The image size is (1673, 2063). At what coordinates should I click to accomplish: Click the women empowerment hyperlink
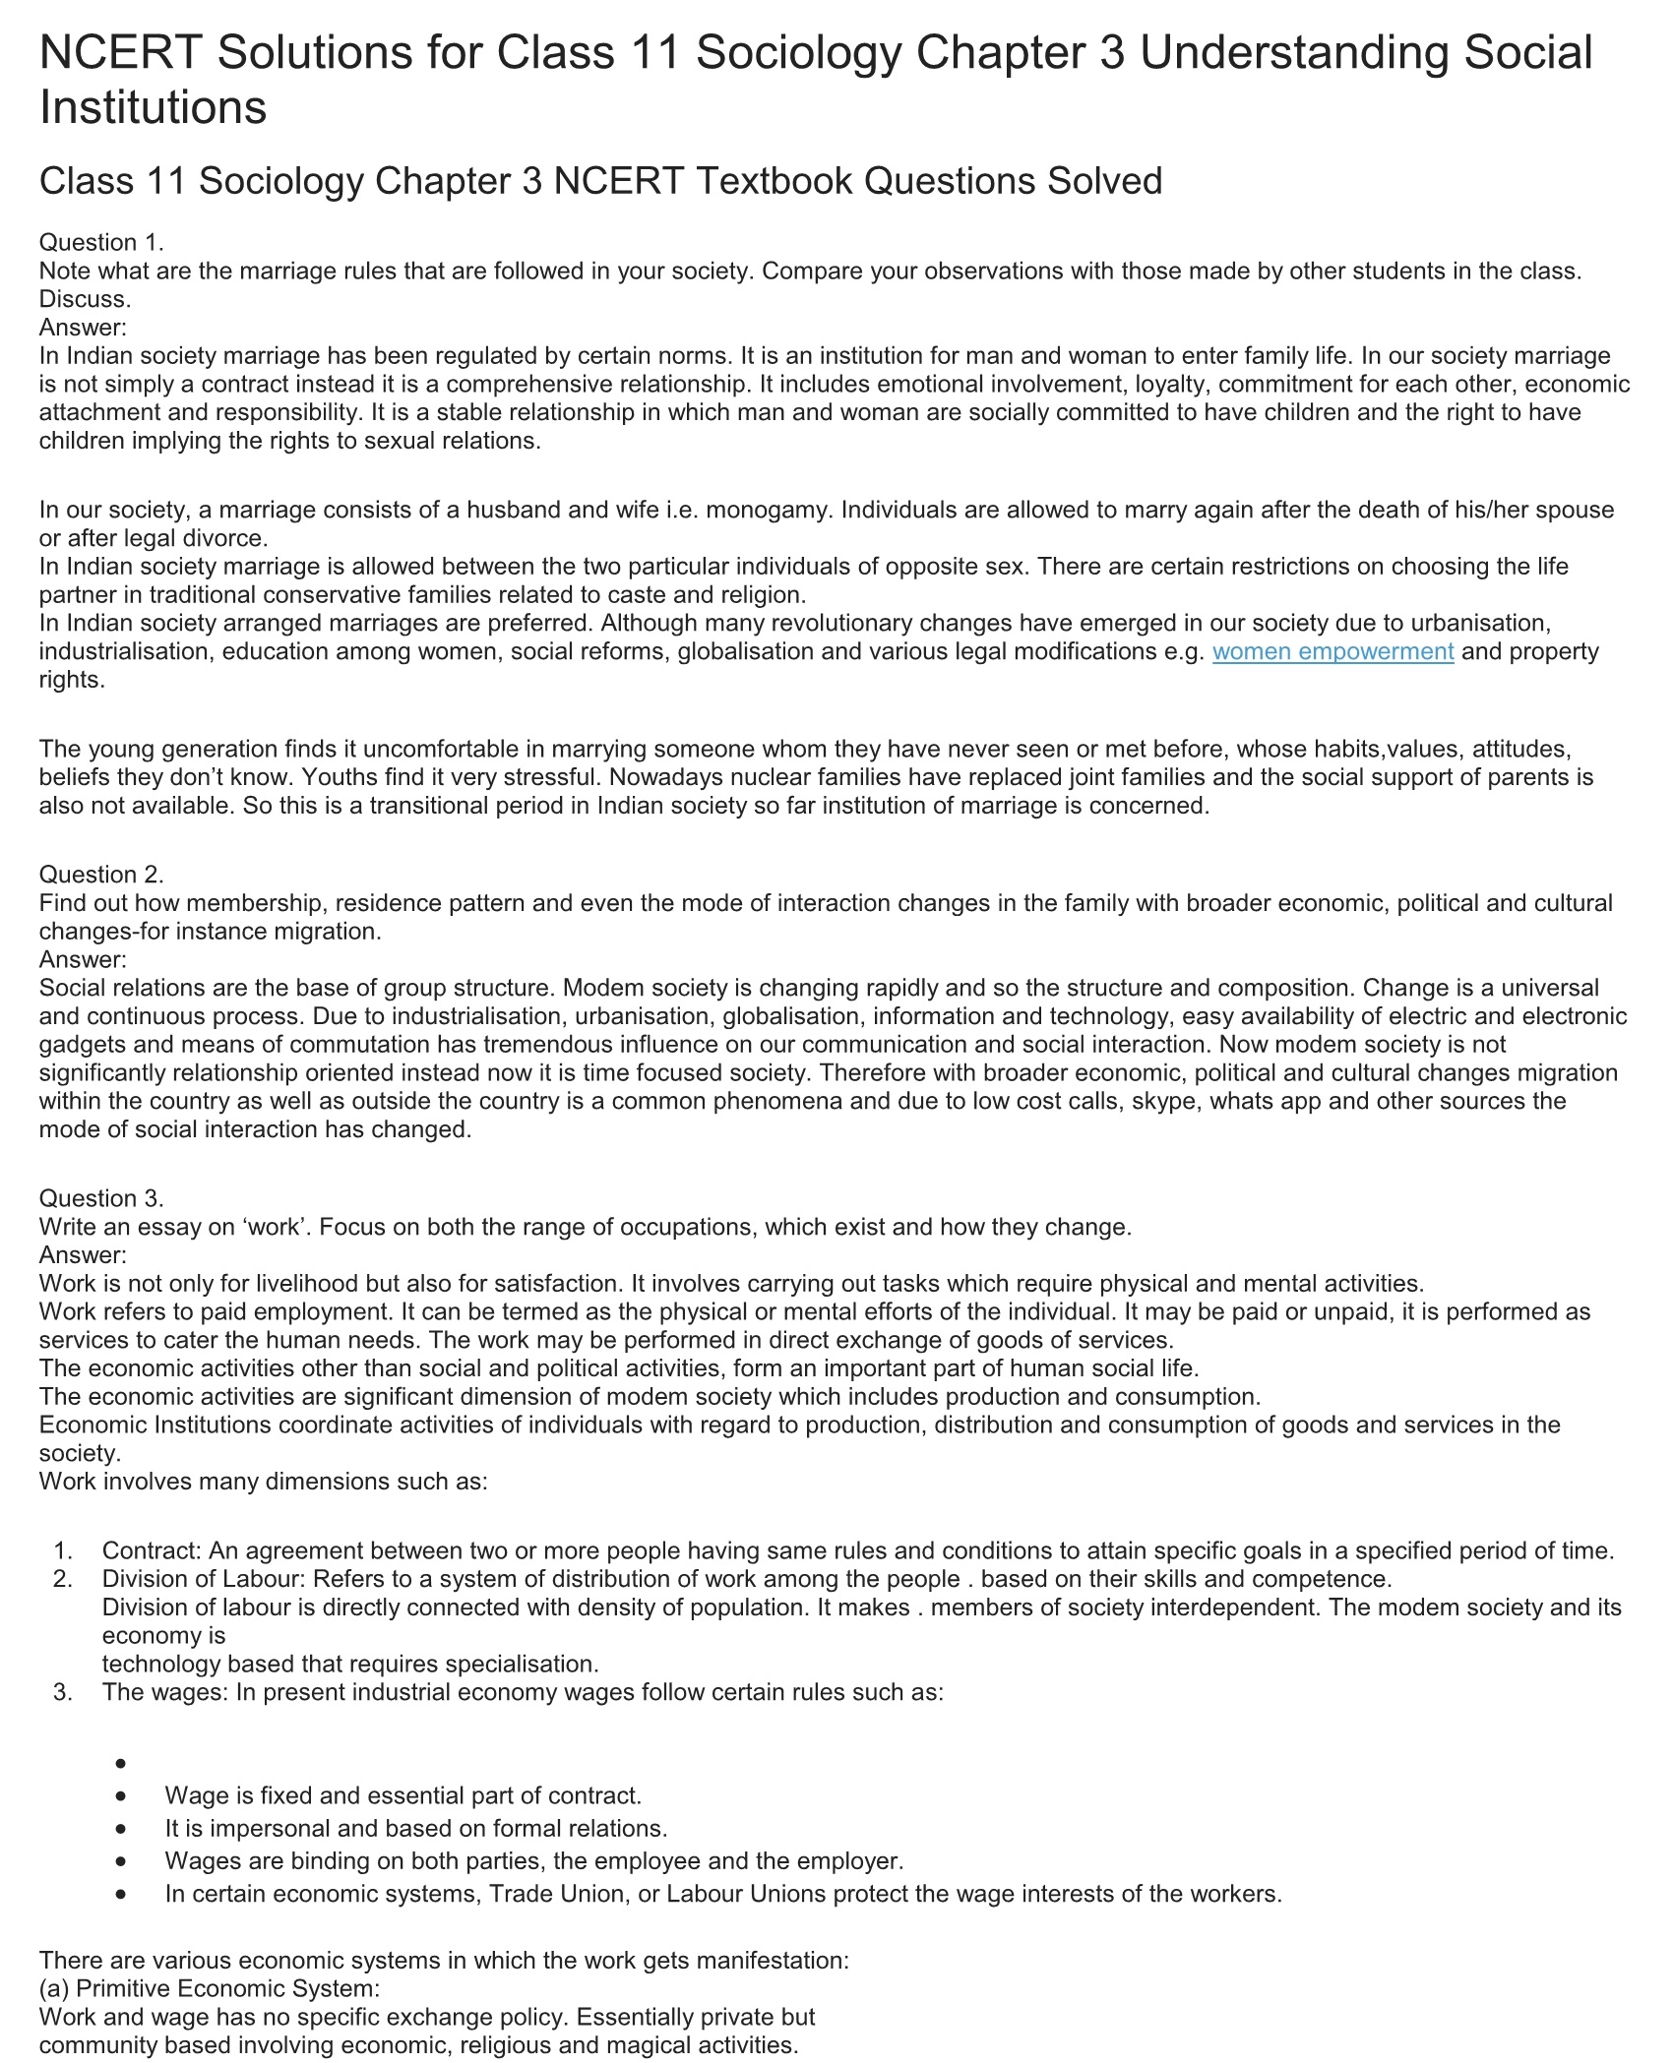pyautogui.click(x=1332, y=651)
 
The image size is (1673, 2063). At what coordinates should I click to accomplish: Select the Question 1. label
pyautogui.click(x=101, y=242)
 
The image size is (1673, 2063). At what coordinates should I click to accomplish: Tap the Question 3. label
pyautogui.click(x=101, y=1198)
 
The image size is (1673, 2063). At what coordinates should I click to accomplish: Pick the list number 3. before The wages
pyautogui.click(x=63, y=1692)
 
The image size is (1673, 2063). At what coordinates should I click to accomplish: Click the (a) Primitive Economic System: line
pyautogui.click(x=209, y=1989)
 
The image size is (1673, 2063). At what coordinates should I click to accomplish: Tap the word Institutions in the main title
pyautogui.click(x=154, y=106)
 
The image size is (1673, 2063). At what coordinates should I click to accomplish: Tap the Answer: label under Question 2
pyautogui.click(x=83, y=959)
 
